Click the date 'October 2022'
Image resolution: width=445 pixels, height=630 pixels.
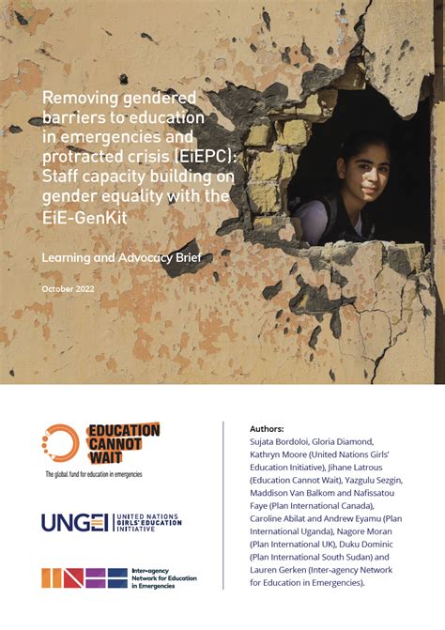pos(68,287)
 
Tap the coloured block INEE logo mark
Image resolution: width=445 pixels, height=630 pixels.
pos(83,577)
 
